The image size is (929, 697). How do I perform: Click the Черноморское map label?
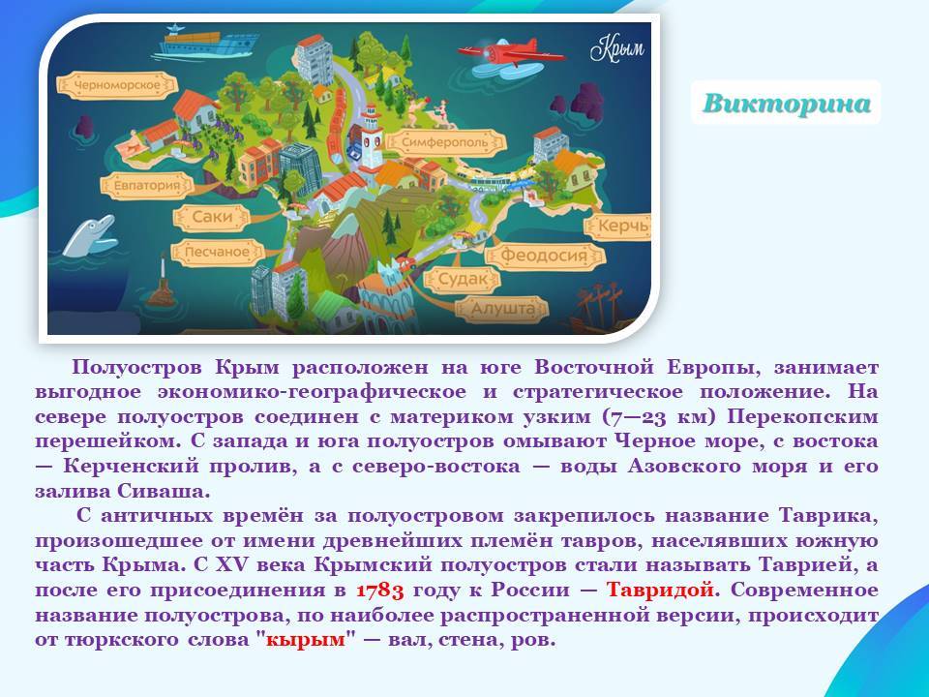click(117, 85)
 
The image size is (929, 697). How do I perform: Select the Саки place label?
click(212, 217)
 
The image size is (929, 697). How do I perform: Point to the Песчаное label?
click(217, 252)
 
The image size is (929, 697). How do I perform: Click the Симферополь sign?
click(445, 142)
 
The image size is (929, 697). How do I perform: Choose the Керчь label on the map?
click(619, 226)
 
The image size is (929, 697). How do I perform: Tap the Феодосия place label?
click(544, 256)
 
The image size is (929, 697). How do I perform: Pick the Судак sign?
click(463, 279)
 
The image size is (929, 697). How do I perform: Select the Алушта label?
click(502, 309)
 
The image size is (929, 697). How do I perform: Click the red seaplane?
click(511, 53)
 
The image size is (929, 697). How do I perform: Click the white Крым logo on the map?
click(616, 48)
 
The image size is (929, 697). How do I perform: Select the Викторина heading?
click(786, 104)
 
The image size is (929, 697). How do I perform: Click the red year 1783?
click(379, 591)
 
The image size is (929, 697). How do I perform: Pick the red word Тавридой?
click(660, 591)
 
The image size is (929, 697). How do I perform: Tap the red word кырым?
click(305, 640)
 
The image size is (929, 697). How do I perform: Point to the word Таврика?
click(828, 516)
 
